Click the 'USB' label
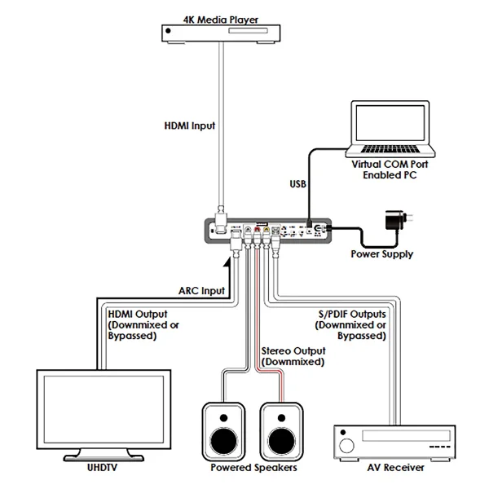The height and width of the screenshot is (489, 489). pyautogui.click(x=297, y=185)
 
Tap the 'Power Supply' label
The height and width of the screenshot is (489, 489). pyautogui.click(x=381, y=254)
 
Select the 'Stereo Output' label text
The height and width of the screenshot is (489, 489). pyautogui.click(x=292, y=358)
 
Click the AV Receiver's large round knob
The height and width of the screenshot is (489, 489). pyautogui.click(x=346, y=446)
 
